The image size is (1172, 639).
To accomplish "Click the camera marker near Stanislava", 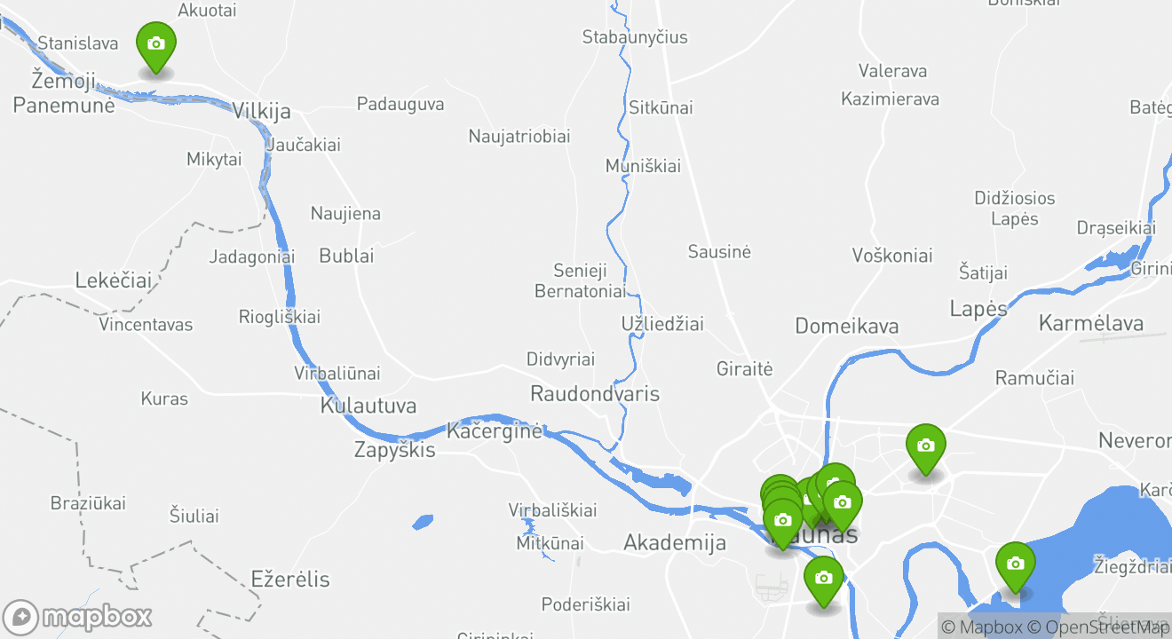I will tap(155, 45).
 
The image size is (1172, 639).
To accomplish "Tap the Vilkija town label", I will tap(261, 111).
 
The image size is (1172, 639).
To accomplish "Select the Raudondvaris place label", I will tap(594, 393).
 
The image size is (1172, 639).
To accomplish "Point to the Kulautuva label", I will tap(368, 406).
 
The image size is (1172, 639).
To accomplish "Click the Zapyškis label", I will tap(394, 450).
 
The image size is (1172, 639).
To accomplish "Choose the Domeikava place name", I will tap(846, 326).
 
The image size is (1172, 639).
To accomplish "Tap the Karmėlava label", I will tap(1090, 322).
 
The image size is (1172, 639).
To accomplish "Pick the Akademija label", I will tap(675, 542).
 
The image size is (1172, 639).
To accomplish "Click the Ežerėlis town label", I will tap(290, 580).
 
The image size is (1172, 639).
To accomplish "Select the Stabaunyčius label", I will tap(634, 37).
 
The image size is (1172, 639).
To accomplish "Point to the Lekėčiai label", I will tap(113, 280).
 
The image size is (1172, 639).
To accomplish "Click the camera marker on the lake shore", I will tap(1015, 565).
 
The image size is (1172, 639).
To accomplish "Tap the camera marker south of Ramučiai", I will tap(925, 447).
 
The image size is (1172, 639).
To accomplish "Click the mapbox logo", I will tap(78, 617).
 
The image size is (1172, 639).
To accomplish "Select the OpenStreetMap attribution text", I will tap(1099, 627).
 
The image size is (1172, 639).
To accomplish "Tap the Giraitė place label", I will tap(744, 368).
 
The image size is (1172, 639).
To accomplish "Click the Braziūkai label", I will tap(88, 503).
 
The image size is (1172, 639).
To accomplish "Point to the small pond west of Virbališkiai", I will tap(423, 522).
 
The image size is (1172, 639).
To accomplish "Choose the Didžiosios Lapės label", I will tap(1014, 208).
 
